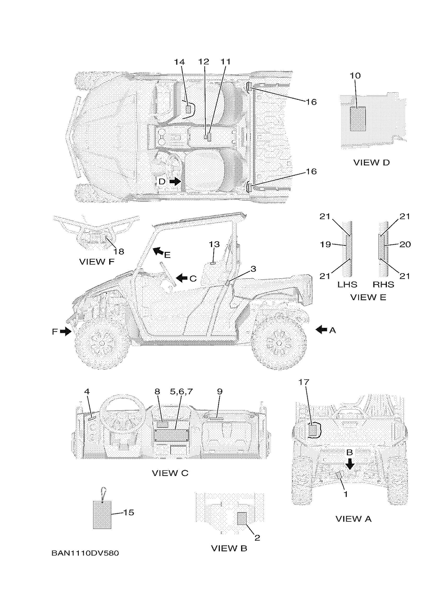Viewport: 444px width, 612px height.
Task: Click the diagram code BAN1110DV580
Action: click(85, 553)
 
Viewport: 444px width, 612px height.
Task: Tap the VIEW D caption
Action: click(371, 162)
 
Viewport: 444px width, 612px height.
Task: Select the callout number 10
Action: click(355, 75)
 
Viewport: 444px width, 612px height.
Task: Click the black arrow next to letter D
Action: click(176, 182)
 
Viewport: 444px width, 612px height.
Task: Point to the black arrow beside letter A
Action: click(321, 329)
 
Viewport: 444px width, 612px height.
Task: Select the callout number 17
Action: click(304, 382)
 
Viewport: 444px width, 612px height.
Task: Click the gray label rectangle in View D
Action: click(358, 119)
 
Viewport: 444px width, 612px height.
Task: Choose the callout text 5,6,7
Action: click(181, 391)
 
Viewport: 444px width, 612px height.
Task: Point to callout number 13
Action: click(214, 244)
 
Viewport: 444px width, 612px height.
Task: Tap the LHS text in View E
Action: click(347, 284)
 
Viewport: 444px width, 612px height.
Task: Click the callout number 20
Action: click(405, 244)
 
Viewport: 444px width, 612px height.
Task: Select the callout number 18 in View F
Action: click(119, 252)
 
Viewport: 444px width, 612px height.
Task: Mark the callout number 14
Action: click(179, 62)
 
